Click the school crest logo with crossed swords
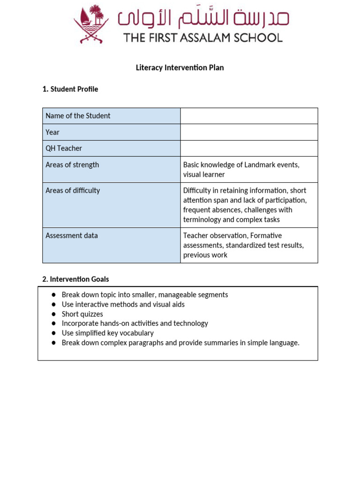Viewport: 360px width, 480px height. point(91,24)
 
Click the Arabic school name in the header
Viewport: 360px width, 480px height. point(203,17)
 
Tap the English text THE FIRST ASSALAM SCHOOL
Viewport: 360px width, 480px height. point(203,37)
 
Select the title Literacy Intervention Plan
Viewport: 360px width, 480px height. point(180,67)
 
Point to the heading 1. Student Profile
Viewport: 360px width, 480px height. point(70,89)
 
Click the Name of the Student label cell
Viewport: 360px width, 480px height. point(78,116)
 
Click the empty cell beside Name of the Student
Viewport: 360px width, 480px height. point(249,116)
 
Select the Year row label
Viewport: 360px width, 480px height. point(52,132)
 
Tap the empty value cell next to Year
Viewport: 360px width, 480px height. point(249,132)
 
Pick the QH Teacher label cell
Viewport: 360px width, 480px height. point(64,148)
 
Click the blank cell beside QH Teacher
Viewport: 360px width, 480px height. point(249,148)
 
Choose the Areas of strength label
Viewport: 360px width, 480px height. point(72,165)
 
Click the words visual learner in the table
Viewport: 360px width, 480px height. point(204,174)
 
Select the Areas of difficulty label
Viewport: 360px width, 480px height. point(73,190)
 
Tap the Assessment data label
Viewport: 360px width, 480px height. point(72,235)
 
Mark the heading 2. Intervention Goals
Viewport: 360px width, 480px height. point(75,279)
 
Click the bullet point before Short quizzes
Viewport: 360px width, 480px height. point(53,314)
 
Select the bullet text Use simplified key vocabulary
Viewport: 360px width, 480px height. point(108,333)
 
